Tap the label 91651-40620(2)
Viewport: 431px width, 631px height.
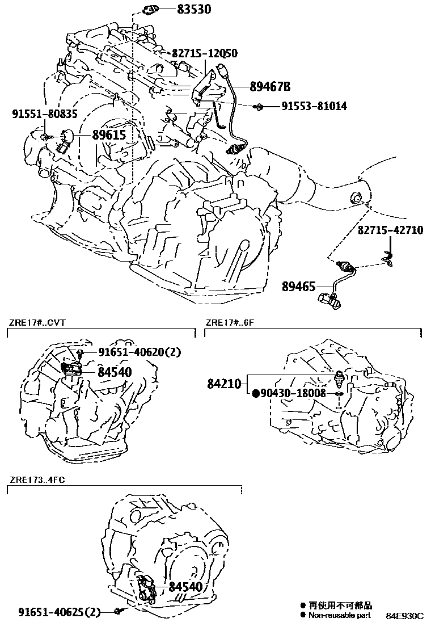pyautogui.click(x=139, y=352)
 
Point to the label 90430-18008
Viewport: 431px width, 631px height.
pyautogui.click(x=293, y=393)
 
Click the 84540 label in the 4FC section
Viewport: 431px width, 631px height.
pyautogui.click(x=185, y=587)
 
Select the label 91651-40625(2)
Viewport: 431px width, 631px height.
pyautogui.click(x=59, y=612)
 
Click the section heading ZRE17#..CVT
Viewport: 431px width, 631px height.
pyautogui.click(x=37, y=323)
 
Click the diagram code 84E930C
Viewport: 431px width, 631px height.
pyautogui.click(x=405, y=616)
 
